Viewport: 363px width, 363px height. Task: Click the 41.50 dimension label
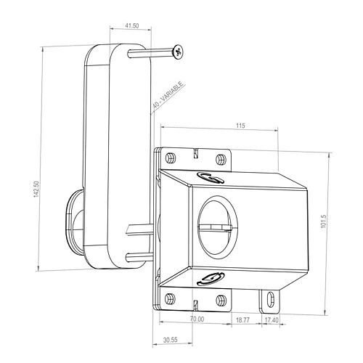131,25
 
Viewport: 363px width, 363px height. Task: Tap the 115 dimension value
240,126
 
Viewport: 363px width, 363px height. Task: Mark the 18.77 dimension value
242,318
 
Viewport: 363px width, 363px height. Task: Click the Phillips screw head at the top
178,52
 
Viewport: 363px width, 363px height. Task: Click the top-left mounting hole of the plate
170,158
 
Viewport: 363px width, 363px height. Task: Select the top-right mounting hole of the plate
221,158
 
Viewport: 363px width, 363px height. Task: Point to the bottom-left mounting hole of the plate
170,297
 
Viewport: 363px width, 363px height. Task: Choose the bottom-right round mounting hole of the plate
221,297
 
